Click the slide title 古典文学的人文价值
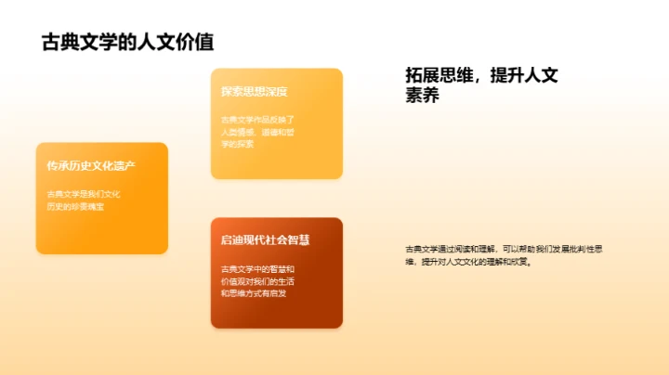(128, 42)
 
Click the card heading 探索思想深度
(254, 92)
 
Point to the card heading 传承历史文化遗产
(91, 166)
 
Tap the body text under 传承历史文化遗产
(85, 200)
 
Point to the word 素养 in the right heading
(422, 96)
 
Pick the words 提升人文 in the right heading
(524, 75)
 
